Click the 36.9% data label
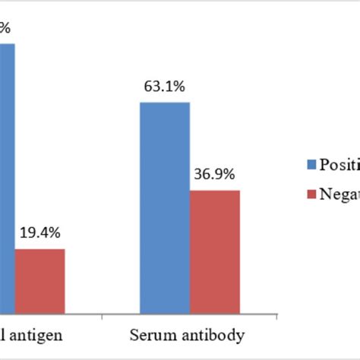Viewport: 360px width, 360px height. click(x=215, y=175)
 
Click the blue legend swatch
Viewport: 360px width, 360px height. click(x=311, y=165)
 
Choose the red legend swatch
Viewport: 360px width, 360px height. click(x=311, y=195)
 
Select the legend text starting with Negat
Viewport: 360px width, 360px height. click(x=339, y=196)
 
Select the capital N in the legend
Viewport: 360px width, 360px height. click(x=324, y=196)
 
